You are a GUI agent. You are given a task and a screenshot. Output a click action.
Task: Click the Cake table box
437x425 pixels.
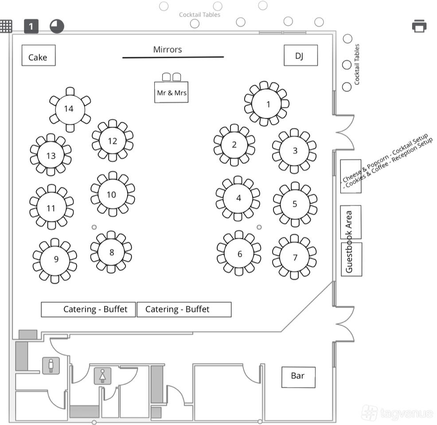tap(39, 56)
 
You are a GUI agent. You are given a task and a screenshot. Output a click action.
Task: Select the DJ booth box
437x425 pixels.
tap(300, 55)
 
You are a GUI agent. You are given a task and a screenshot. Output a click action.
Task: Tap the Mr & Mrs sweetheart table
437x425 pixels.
tap(171, 92)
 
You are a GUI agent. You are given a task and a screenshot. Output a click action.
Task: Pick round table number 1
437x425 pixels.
tap(267, 104)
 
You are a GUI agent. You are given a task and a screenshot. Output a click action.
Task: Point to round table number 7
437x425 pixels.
tap(295, 257)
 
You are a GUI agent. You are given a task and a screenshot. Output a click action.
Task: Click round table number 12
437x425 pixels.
tap(113, 140)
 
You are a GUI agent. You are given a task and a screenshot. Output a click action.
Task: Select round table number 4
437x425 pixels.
tap(238, 198)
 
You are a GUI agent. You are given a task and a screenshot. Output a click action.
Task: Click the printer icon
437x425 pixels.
tap(419, 26)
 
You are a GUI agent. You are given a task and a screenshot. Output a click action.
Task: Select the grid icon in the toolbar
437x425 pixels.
tap(6, 26)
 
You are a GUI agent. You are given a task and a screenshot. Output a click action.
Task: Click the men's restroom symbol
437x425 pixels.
tap(51, 366)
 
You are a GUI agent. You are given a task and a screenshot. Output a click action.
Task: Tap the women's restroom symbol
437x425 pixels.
tap(102, 376)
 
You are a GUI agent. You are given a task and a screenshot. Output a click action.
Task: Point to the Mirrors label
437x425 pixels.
tap(168, 50)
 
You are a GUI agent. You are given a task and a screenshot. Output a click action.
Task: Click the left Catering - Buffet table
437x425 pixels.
tap(88, 309)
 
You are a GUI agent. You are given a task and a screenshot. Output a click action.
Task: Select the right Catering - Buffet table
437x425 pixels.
tap(184, 309)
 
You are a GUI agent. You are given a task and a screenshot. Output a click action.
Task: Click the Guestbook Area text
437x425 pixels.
tap(349, 241)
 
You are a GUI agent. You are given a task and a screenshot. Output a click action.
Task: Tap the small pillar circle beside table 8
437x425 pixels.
tap(94, 227)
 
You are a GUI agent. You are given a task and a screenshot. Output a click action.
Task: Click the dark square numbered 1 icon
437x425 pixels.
tap(31, 27)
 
